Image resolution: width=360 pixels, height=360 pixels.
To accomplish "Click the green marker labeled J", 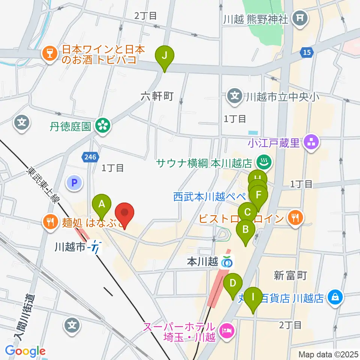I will click(164, 55).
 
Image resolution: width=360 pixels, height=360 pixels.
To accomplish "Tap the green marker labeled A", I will click(102, 204).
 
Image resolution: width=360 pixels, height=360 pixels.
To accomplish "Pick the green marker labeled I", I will click(253, 297).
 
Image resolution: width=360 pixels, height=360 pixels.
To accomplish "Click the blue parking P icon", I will click(74, 183).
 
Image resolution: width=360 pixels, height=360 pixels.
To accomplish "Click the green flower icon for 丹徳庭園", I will click(102, 125).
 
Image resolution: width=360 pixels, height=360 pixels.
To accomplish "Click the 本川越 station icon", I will click(226, 262).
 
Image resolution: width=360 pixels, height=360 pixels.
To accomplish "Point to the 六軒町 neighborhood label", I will click(157, 97).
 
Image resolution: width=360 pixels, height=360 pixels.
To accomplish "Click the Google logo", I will click(25, 351).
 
